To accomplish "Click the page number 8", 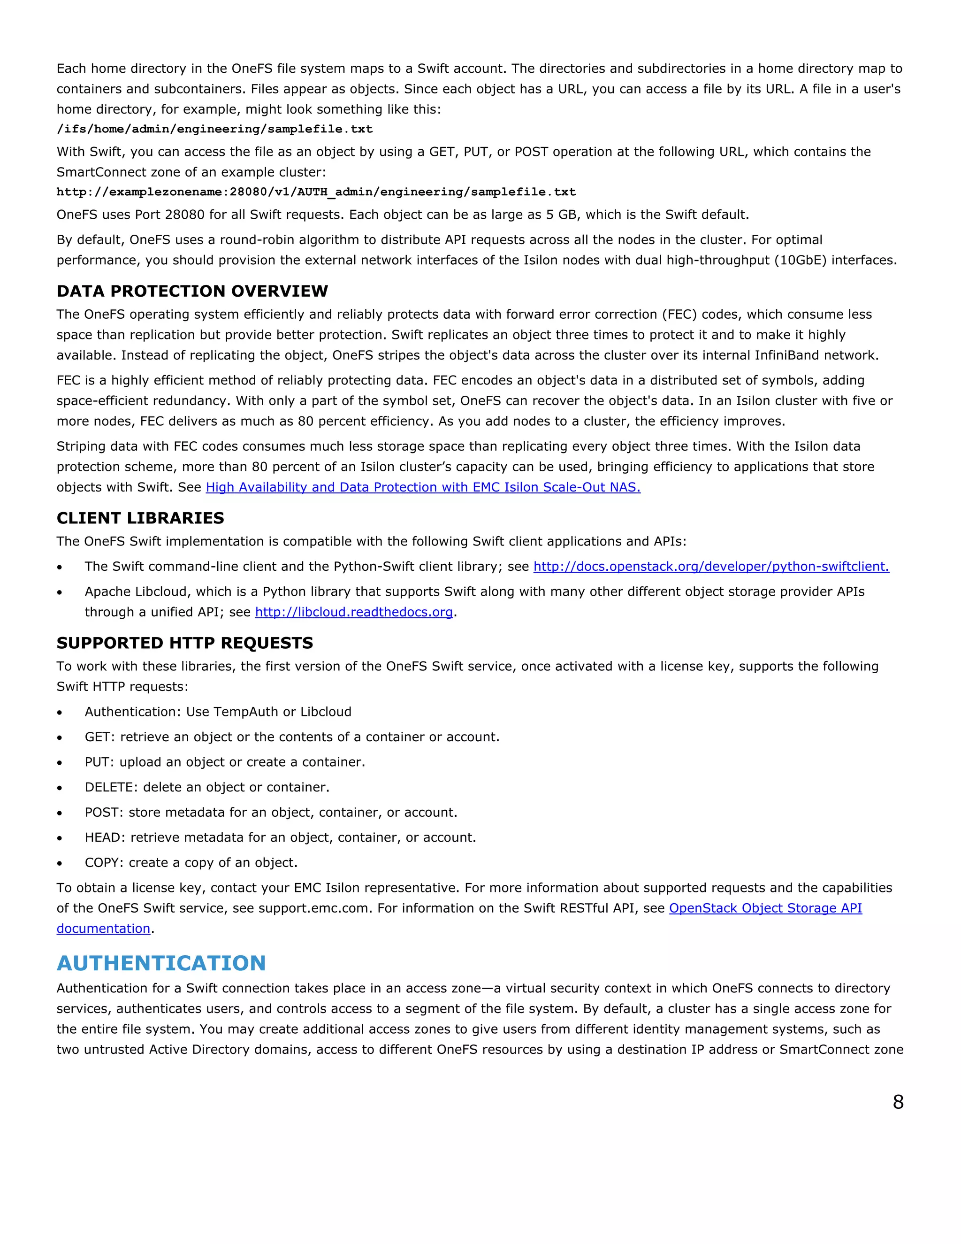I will [898, 1102].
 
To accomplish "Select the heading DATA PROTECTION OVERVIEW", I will [192, 291].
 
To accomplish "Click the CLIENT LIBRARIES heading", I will [140, 518].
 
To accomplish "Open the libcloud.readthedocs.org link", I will [353, 612].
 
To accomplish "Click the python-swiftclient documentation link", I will [710, 566].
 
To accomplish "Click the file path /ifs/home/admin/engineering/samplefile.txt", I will [214, 129].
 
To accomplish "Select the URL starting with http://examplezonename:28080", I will [316, 192].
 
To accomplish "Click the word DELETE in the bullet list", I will [110, 787].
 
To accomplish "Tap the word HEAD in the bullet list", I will [104, 837].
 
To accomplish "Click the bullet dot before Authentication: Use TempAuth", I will [60, 713].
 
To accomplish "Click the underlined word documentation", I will [103, 929].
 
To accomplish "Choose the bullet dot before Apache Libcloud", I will [60, 592].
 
